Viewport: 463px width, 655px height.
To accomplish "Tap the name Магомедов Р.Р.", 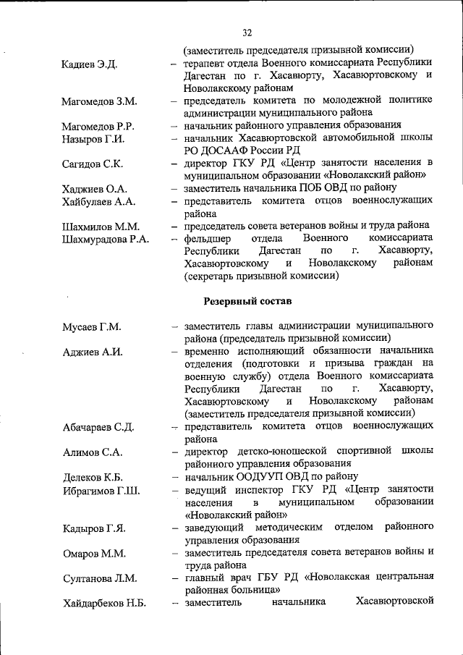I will [98, 127].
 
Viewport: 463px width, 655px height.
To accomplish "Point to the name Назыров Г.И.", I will [93, 139].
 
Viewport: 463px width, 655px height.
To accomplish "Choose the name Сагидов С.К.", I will [93, 164].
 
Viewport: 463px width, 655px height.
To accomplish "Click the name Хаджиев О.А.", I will [95, 189].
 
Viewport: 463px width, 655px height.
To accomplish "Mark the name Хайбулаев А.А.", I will [100, 202].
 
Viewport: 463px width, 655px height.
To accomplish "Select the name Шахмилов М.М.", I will [101, 227].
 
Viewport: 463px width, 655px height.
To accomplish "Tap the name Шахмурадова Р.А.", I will [106, 239].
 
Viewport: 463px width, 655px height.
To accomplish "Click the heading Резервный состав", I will [247, 300].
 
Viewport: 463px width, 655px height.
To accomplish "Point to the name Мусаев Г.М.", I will [91, 326].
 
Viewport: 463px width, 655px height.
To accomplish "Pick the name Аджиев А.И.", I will [92, 352].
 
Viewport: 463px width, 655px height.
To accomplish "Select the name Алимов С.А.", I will [93, 452].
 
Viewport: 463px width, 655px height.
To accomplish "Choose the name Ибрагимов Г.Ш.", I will [101, 491].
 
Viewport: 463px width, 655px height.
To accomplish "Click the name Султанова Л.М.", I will [98, 578].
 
